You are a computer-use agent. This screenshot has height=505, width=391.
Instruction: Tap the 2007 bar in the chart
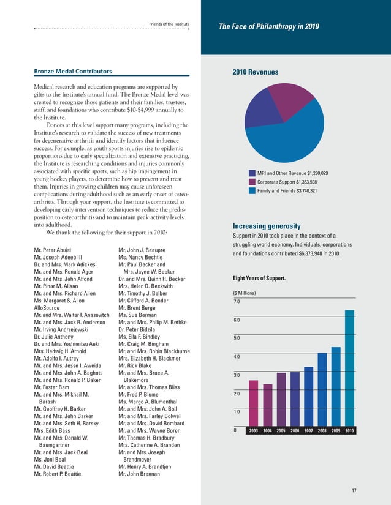tap(308, 395)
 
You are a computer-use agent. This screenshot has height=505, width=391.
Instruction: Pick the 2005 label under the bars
tap(281, 431)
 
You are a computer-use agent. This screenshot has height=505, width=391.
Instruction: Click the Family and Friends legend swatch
tap(251, 191)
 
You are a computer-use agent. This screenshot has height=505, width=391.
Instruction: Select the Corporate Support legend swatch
tap(251, 182)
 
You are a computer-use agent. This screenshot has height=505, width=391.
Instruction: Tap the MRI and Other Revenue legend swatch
tap(251, 174)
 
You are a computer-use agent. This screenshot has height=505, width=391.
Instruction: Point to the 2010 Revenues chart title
tap(256, 73)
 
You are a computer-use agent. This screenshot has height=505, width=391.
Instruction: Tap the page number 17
tap(354, 491)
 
